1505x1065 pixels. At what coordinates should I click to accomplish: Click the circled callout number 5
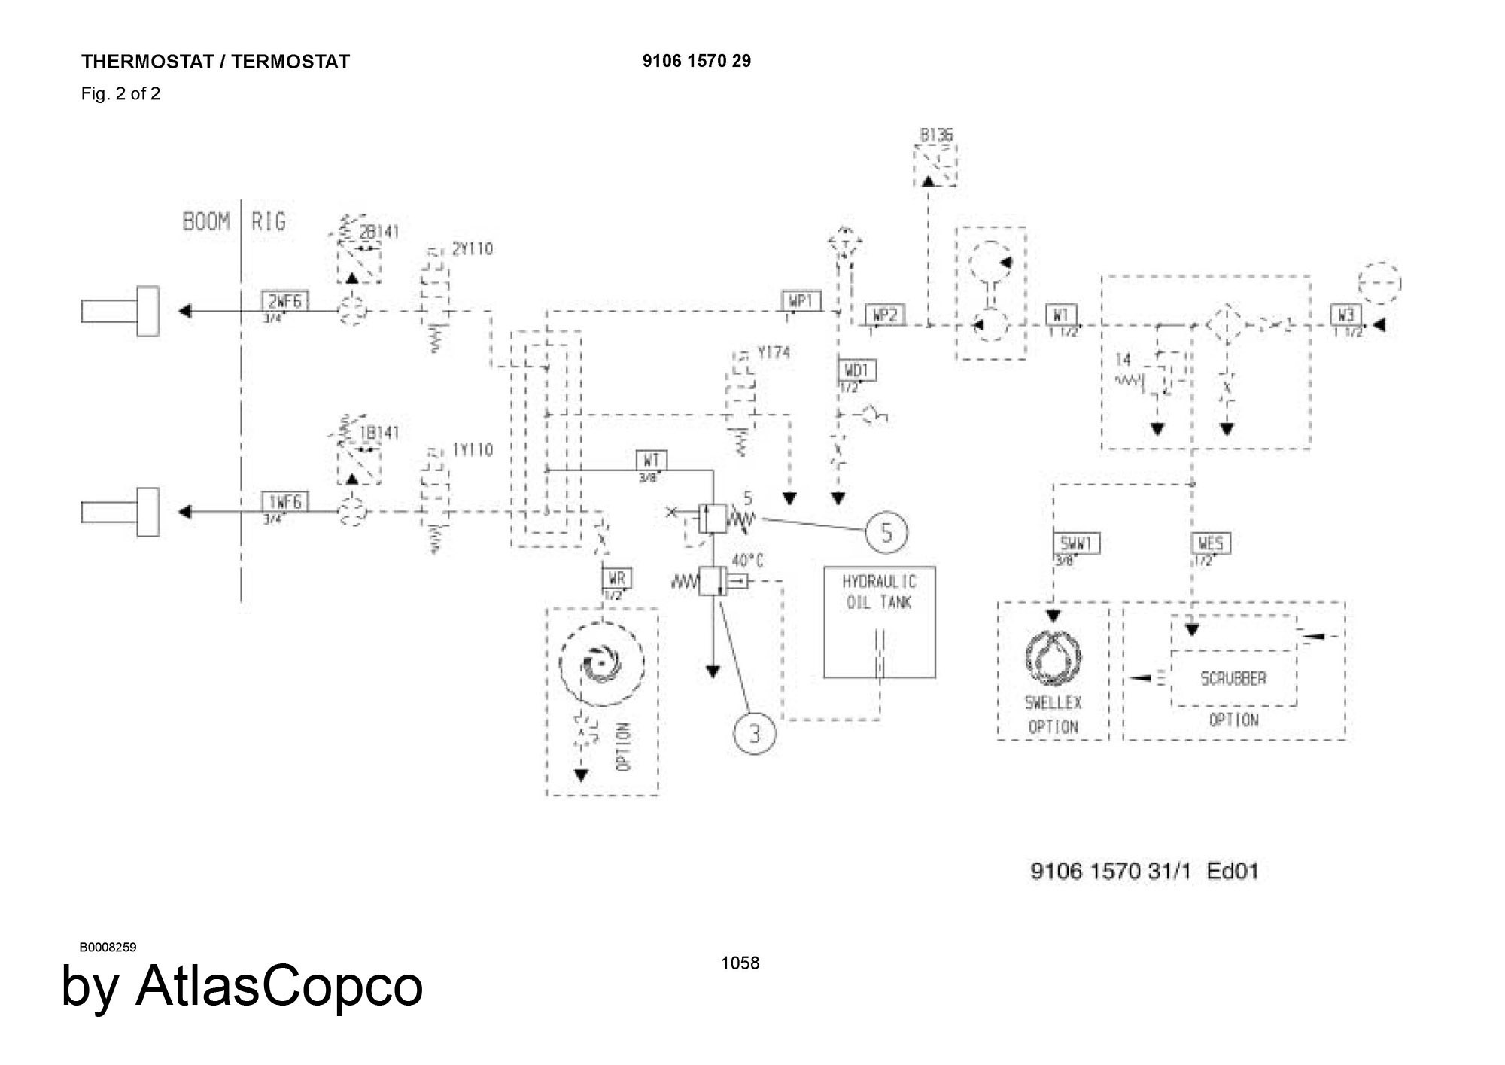click(886, 532)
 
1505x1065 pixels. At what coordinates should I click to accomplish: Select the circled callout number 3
click(755, 733)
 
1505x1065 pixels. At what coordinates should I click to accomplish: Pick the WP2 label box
click(886, 315)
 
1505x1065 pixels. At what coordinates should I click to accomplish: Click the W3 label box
click(1345, 315)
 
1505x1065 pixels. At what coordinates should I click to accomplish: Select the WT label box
click(652, 460)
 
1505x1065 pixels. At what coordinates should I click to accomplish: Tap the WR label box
click(617, 579)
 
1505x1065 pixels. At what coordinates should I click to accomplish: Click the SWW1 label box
click(1075, 543)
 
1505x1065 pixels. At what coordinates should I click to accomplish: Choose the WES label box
click(1212, 543)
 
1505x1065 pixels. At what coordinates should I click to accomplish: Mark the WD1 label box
click(857, 370)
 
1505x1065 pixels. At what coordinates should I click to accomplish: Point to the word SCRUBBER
click(1233, 678)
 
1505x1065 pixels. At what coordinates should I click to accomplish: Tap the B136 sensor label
click(935, 135)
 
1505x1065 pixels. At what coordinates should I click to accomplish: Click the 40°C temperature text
click(747, 561)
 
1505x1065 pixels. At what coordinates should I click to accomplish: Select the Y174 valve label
click(774, 352)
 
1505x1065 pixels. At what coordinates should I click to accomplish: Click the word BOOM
click(206, 222)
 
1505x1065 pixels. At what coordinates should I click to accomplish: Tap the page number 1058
click(740, 963)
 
